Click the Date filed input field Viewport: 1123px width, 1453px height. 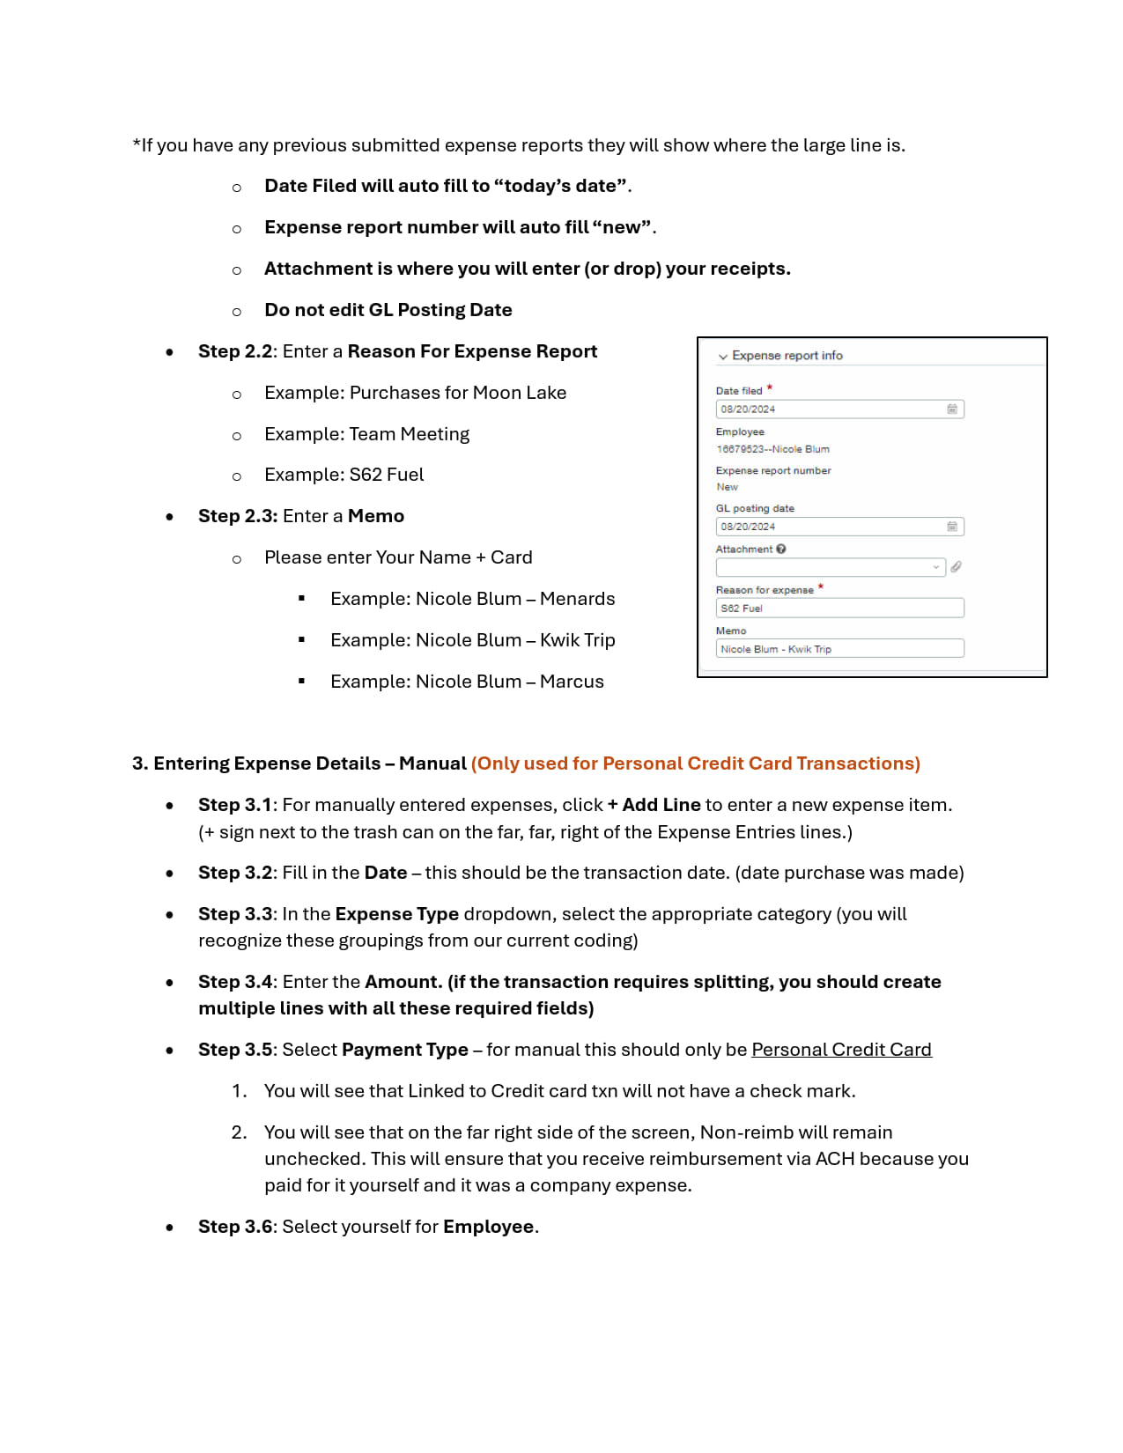tap(828, 409)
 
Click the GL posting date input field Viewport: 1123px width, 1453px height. tap(828, 527)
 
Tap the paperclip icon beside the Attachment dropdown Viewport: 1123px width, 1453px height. tap(956, 567)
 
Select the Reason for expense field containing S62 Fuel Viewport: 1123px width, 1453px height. tap(839, 608)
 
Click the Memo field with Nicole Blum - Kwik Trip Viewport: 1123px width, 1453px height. tap(839, 649)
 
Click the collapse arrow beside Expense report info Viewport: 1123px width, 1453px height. tap(723, 357)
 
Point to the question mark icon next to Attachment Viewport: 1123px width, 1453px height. tap(781, 549)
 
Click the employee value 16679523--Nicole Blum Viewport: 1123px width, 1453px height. tap(772, 449)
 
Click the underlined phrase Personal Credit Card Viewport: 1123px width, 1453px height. tap(841, 1050)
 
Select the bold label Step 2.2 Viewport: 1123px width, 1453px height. tap(235, 351)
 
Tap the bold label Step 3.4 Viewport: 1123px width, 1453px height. tap(235, 982)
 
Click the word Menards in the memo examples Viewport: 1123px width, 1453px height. tap(577, 599)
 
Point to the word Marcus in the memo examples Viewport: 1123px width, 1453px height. tap(572, 682)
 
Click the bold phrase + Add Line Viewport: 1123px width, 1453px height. tap(654, 805)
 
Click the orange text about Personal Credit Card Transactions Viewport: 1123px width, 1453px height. tap(695, 763)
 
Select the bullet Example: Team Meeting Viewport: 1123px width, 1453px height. tap(366, 434)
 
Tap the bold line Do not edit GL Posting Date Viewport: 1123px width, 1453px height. tap(388, 310)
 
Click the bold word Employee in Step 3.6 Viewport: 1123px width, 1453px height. tap(488, 1227)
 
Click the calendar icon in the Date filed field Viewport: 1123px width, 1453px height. tap(952, 409)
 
